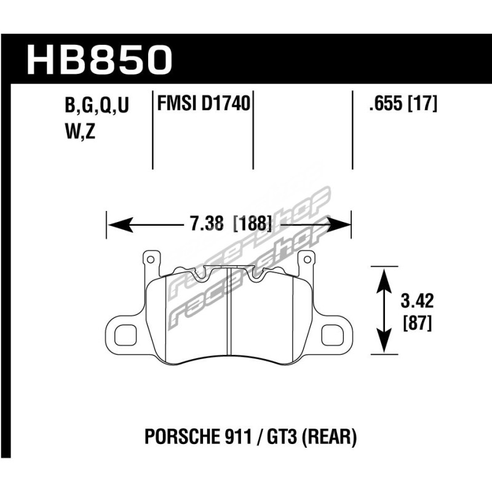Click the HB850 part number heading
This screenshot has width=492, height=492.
coord(100,60)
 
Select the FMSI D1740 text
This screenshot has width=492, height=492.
coord(204,103)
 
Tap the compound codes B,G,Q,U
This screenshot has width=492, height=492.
coord(97,105)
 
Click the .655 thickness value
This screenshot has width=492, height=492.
coord(386,103)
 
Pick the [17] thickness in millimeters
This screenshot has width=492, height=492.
coord(423,103)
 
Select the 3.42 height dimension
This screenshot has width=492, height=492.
coord(417,301)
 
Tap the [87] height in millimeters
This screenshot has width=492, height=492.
coord(417,323)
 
